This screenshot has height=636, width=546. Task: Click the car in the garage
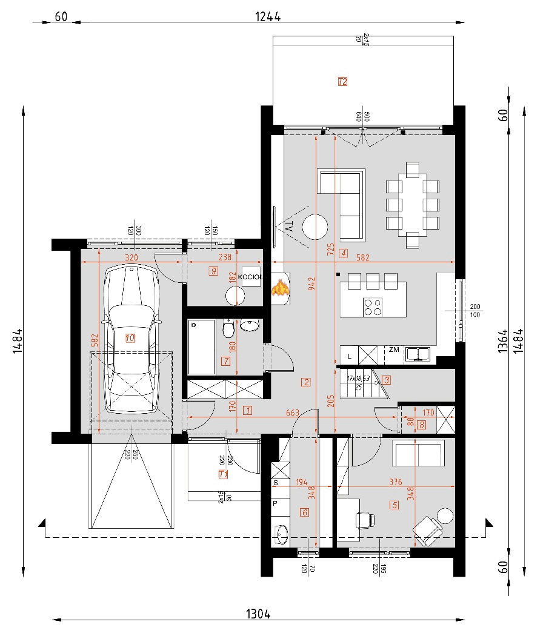[x=130, y=339]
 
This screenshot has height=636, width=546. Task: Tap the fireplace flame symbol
[x=280, y=287]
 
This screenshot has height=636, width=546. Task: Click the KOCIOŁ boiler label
[x=250, y=277]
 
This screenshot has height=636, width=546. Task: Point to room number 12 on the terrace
[x=342, y=81]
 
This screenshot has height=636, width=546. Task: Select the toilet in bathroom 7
[x=228, y=329]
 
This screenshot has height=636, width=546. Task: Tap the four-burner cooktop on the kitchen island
[x=372, y=308]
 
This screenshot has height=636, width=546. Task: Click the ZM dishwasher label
[x=394, y=349]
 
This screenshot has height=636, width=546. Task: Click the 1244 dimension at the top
[x=267, y=17]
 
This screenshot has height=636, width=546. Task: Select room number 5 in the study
[x=395, y=505]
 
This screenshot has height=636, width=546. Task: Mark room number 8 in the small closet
[x=421, y=425]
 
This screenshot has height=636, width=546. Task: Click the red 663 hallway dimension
[x=292, y=412]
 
